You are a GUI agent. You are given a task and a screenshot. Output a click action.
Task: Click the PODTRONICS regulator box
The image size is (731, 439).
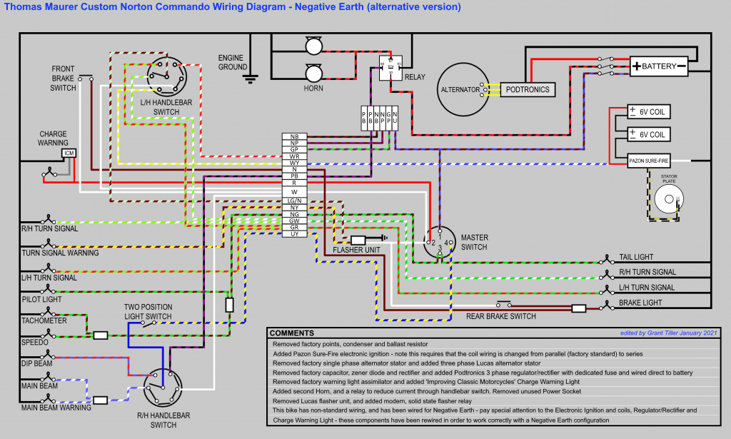click(x=528, y=89)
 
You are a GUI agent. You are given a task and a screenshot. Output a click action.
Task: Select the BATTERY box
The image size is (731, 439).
click(x=658, y=66)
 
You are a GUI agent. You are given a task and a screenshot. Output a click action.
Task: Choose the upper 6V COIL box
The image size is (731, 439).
click(x=649, y=112)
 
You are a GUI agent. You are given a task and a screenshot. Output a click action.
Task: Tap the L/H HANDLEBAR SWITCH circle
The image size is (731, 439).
click(x=166, y=75)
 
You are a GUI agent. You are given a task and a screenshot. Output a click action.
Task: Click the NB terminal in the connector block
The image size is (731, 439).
click(x=294, y=136)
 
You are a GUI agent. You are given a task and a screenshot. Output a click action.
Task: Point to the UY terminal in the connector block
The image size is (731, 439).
click(x=294, y=234)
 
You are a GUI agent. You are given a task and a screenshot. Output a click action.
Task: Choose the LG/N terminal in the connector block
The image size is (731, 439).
click(x=294, y=201)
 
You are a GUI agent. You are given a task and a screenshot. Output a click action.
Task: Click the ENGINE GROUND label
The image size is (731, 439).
click(x=232, y=62)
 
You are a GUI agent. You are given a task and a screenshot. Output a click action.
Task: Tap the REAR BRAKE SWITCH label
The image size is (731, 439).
click(x=500, y=316)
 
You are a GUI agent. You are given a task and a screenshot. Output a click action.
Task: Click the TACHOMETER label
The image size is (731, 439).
click(x=44, y=321)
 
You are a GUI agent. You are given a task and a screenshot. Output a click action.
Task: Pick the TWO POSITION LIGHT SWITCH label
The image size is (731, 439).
click(x=148, y=311)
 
